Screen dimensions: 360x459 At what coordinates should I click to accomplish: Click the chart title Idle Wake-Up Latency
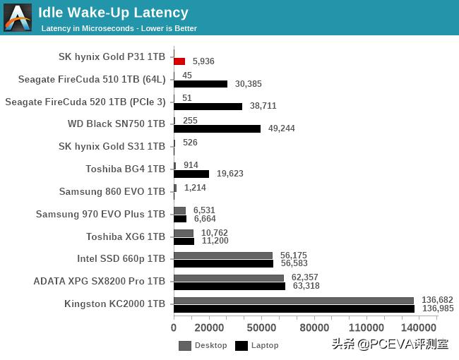click(x=113, y=13)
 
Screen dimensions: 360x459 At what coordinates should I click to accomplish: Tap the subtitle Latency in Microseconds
click(x=119, y=29)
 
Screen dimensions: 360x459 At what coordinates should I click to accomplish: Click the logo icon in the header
click(x=18, y=18)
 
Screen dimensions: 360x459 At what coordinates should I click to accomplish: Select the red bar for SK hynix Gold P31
click(x=179, y=61)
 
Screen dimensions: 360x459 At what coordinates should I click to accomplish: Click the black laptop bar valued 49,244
click(x=217, y=128)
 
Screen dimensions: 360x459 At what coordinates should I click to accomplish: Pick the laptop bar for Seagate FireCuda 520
click(x=208, y=106)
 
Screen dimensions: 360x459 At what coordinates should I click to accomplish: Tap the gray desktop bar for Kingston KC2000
click(x=294, y=301)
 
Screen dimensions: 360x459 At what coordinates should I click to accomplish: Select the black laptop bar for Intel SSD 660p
click(x=223, y=263)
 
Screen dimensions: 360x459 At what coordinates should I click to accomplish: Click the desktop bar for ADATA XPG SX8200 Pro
click(x=229, y=278)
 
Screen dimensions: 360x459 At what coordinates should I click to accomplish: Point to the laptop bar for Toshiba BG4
click(x=191, y=174)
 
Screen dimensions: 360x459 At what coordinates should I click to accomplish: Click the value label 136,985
click(x=437, y=308)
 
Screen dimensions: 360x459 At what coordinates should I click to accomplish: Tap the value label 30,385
click(x=248, y=84)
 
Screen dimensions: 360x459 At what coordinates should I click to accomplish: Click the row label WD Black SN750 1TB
click(x=116, y=124)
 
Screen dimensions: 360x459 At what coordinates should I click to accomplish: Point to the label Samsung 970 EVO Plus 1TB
click(x=100, y=215)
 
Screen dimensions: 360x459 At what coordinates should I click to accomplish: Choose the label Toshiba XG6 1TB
click(x=126, y=237)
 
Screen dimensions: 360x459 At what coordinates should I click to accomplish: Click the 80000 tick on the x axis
click(x=314, y=328)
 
